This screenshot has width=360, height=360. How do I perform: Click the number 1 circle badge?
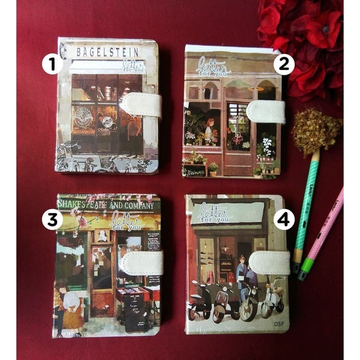(x=52, y=64)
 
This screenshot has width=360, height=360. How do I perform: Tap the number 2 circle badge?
(x=284, y=65)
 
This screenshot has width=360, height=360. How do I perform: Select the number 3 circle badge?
(x=52, y=219)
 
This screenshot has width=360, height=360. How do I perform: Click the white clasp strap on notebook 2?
(x=266, y=112)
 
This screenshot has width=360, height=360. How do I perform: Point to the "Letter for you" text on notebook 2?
(x=213, y=66)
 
